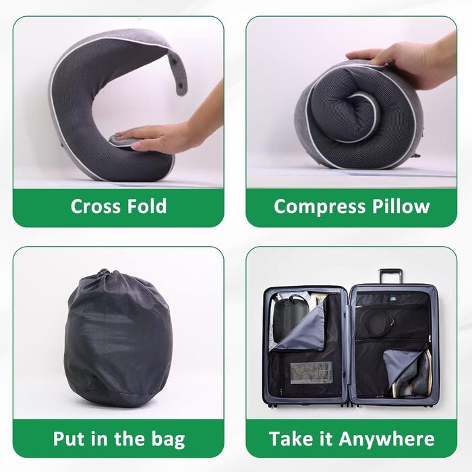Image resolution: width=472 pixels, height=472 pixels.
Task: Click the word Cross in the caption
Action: point(95,206)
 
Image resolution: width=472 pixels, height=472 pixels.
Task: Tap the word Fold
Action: point(146,206)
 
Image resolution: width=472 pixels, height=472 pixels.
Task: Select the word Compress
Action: point(320,207)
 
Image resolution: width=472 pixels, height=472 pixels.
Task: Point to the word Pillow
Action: point(401,206)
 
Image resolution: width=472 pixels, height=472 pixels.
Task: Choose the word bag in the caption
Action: point(168,440)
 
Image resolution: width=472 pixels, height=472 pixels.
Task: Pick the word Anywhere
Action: point(386,439)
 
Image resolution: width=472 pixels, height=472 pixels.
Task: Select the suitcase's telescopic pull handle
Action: point(390,276)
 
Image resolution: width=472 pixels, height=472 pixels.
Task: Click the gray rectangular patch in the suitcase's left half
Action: point(311,373)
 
